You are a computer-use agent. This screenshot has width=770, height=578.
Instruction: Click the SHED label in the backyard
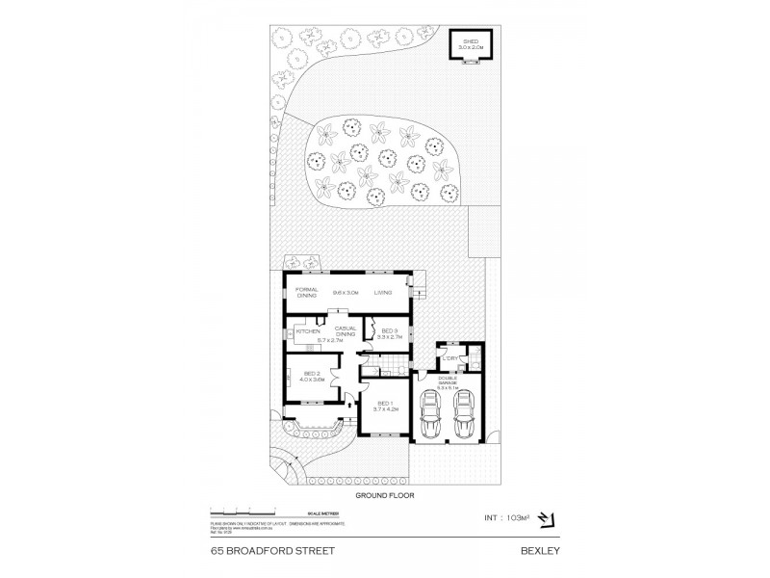click(x=471, y=41)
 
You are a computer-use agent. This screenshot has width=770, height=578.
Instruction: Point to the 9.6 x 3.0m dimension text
click(x=345, y=292)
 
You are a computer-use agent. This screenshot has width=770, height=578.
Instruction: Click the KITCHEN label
click(x=308, y=332)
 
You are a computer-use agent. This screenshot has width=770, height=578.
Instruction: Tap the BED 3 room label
click(x=389, y=330)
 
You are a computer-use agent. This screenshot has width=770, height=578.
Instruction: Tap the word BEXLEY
click(x=542, y=552)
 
